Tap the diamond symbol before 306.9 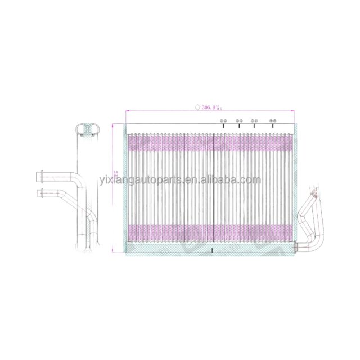click(197, 105)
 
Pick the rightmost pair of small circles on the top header click(273, 121)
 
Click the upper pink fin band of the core click(211, 145)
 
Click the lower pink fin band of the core click(211, 232)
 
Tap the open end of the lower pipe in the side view click(39, 193)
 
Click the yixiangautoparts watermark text click(180, 181)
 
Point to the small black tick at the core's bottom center click(211, 250)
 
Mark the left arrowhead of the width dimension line click(127, 111)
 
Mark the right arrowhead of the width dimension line click(296, 111)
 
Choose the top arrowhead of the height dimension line click(115, 125)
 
